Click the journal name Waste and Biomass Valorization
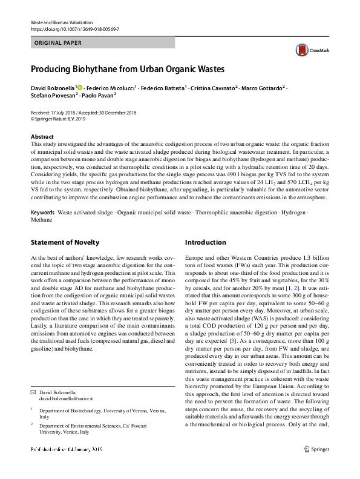point(58,22)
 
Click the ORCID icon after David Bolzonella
point(80,88)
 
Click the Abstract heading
point(42,137)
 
